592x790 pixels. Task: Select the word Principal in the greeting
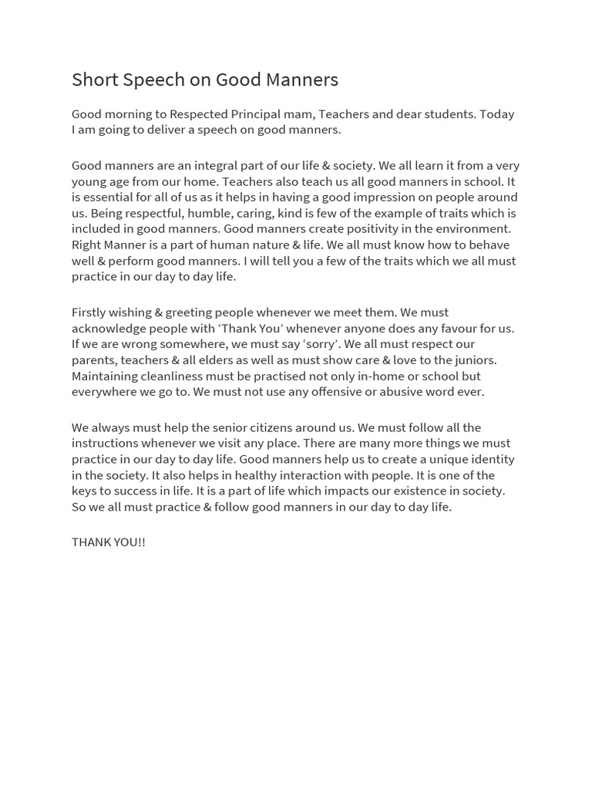point(258,114)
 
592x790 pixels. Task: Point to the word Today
point(496,114)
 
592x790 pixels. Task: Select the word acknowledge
point(108,329)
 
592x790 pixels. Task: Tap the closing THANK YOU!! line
point(109,542)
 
